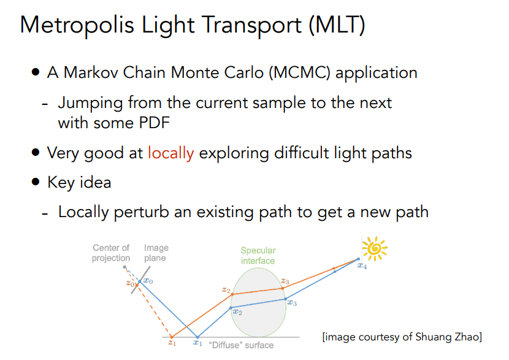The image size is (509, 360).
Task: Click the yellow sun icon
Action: pyautogui.click(x=375, y=248)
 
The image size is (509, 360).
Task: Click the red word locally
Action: pyautogui.click(x=170, y=153)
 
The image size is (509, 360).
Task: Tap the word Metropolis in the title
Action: pyautogui.click(x=77, y=25)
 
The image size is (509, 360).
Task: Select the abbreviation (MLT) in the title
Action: pyautogui.click(x=337, y=25)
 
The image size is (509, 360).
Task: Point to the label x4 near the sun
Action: pyautogui.click(x=362, y=266)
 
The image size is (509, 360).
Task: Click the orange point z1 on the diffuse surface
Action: pyautogui.click(x=172, y=337)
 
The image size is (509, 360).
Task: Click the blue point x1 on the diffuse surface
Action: pyautogui.click(x=197, y=337)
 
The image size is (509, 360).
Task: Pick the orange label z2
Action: pyautogui.click(x=226, y=289)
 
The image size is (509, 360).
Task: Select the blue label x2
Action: pyautogui.click(x=237, y=312)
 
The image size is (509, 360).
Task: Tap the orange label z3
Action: pyautogui.click(x=285, y=281)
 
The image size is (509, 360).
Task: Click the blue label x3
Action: pyautogui.click(x=292, y=302)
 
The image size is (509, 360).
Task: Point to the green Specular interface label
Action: pyautogui.click(x=258, y=256)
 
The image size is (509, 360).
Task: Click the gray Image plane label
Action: pyautogui.click(x=156, y=253)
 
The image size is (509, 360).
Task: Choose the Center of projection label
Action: pyautogui.click(x=111, y=253)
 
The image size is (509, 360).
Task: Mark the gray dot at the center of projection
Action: pyautogui.click(x=124, y=267)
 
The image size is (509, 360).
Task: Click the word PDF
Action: pyautogui.click(x=154, y=123)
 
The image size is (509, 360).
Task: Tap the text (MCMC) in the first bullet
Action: pyautogui.click(x=299, y=72)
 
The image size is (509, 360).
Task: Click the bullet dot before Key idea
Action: pyautogui.click(x=36, y=182)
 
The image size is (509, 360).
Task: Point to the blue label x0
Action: pyautogui.click(x=148, y=281)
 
